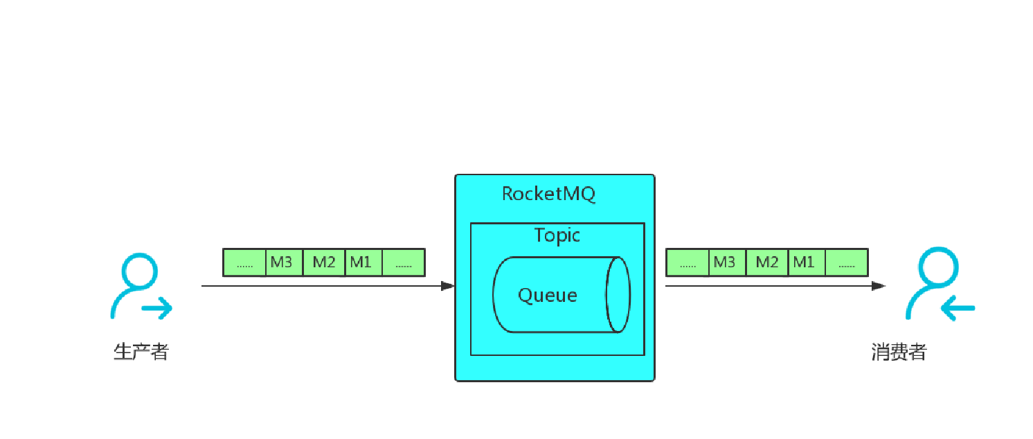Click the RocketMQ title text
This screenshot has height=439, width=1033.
[x=548, y=194]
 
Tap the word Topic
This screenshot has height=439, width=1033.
[x=557, y=235]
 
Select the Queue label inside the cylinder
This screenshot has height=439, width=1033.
[x=548, y=295]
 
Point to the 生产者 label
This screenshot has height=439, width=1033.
[x=141, y=352]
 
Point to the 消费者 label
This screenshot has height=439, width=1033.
[x=899, y=352]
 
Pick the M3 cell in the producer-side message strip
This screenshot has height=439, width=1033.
[x=284, y=262]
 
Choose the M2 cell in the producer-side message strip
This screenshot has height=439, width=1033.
[x=324, y=262]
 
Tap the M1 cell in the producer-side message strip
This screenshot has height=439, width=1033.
[x=363, y=262]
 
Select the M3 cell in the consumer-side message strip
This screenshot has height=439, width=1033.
[x=727, y=262]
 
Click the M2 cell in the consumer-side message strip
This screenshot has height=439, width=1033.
[x=767, y=262]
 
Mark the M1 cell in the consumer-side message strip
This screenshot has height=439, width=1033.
[x=807, y=262]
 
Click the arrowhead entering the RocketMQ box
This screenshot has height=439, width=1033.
[x=448, y=286]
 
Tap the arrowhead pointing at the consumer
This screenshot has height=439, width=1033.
[x=879, y=286]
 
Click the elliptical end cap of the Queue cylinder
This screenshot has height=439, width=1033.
[x=618, y=295]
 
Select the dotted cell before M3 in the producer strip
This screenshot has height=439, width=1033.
[x=244, y=262]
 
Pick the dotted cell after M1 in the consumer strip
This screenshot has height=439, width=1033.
[x=847, y=262]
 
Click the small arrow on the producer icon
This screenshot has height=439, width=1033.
[x=157, y=308]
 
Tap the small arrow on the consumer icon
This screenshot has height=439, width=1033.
[x=958, y=308]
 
